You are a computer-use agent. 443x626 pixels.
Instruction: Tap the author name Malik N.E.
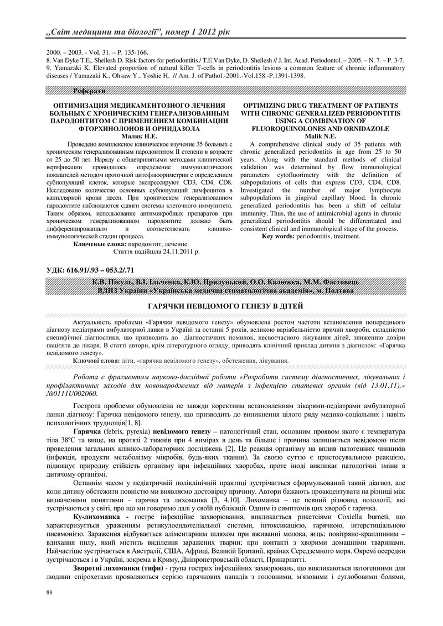click(x=321, y=134)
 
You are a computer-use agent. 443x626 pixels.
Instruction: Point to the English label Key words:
click(x=279, y=236)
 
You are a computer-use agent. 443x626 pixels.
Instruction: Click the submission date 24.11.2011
click(x=174, y=251)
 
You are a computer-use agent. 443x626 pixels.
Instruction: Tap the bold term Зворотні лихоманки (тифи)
click(x=116, y=568)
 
